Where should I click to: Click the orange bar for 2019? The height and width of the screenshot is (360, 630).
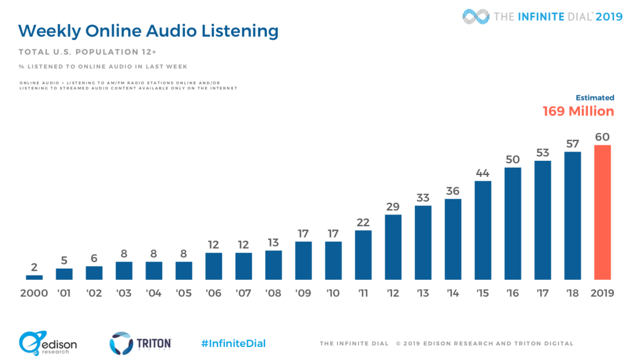point(602,212)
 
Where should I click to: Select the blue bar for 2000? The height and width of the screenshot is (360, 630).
point(35,277)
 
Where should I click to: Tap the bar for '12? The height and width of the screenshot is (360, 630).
point(393,247)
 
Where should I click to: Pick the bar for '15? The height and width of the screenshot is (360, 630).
point(483,230)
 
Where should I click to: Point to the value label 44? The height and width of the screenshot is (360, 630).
point(483,173)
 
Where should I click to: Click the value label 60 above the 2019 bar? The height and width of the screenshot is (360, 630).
point(602,137)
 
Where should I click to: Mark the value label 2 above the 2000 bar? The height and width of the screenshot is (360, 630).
point(35,268)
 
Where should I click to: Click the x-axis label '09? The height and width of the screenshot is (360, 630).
point(303,293)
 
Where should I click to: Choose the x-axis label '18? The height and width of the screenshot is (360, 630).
point(573,293)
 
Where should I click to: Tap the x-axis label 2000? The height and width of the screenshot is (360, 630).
point(34,293)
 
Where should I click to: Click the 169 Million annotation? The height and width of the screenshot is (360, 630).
point(578,112)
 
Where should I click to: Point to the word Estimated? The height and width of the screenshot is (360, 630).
point(595,97)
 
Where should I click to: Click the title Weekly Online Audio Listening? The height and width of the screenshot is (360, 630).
point(148,31)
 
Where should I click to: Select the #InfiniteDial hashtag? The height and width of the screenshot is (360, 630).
point(233,343)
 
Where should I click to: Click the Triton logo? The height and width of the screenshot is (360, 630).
point(141,343)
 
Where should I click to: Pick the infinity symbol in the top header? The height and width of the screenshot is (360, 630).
point(475,17)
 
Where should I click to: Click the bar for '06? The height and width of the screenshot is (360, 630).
point(214,266)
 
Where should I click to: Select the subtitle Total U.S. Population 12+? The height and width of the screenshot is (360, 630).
point(88,51)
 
